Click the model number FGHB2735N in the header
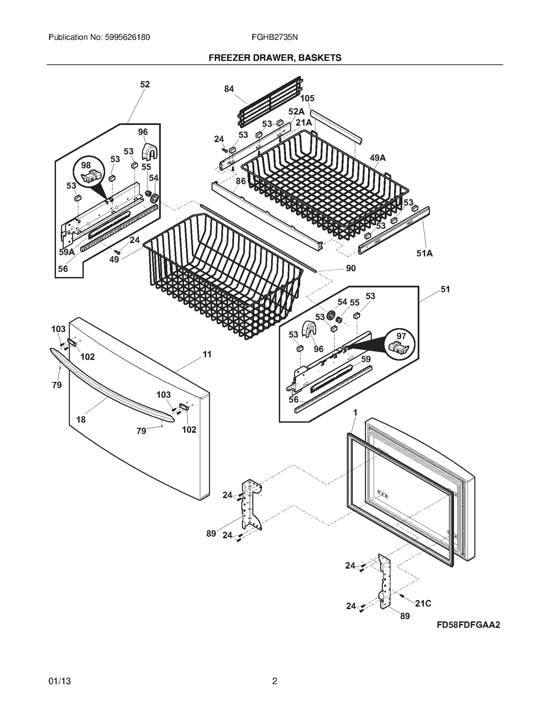tap(274, 37)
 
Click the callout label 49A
tap(377, 158)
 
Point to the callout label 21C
tap(423, 603)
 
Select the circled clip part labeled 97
tap(399, 344)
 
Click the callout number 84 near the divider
tap(229, 89)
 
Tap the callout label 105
tap(307, 98)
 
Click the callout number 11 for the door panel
tap(207, 354)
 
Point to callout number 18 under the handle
tap(81, 419)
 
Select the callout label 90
tap(351, 268)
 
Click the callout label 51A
tap(424, 253)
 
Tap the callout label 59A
tap(66, 252)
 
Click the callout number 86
tap(241, 181)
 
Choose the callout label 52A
tap(296, 111)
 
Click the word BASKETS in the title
tap(320, 58)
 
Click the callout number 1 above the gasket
tap(355, 413)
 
